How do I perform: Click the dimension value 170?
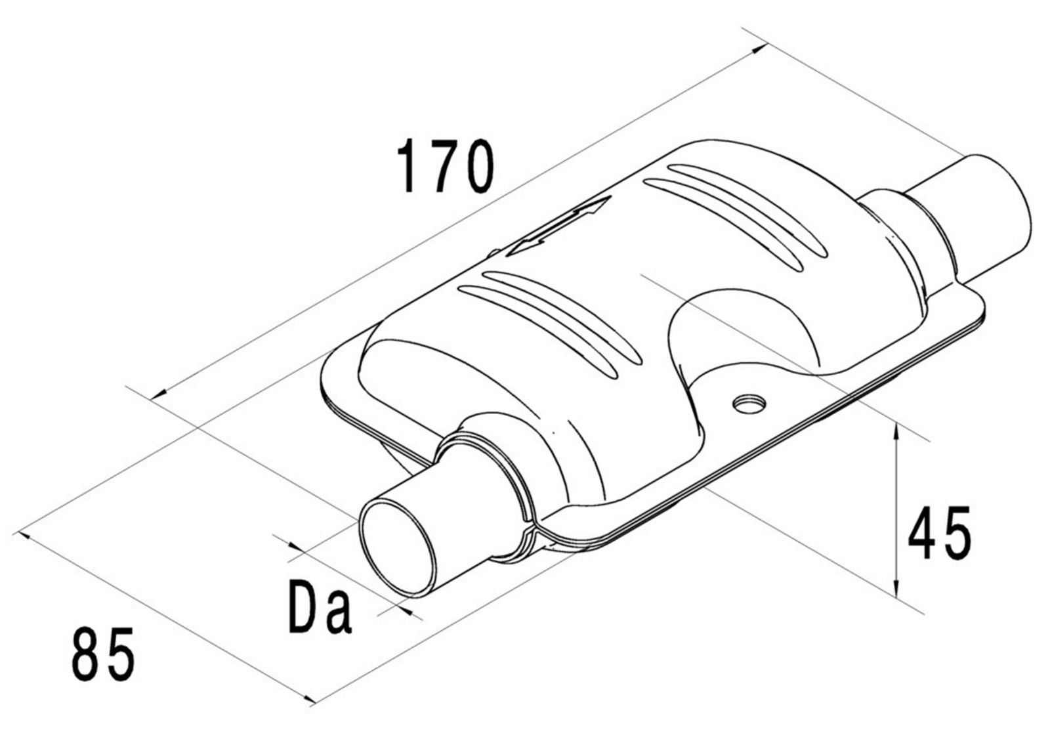[x=445, y=165]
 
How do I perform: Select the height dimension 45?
[x=938, y=533]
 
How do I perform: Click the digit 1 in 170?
[x=408, y=165]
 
